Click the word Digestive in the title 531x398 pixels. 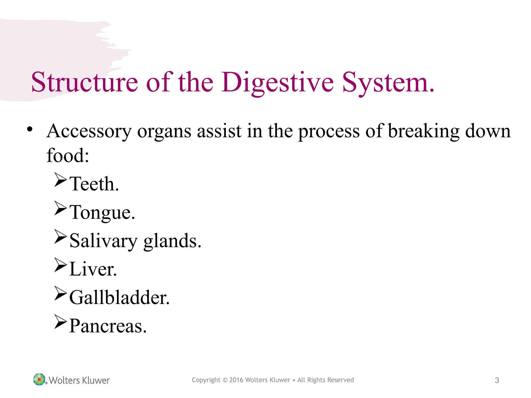278,82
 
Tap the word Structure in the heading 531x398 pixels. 85,82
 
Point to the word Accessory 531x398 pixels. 89,131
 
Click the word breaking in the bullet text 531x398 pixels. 423,131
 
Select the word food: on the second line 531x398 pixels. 68,155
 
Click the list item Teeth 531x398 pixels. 94,184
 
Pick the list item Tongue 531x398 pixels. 102,213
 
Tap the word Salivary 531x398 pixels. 103,241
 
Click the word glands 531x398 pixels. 172,241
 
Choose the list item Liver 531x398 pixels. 93,269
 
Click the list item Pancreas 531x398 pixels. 108,326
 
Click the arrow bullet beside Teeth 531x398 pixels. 61,180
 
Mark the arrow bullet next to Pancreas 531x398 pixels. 61,322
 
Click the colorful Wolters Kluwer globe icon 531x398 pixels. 39,379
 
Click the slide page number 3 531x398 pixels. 497,380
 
